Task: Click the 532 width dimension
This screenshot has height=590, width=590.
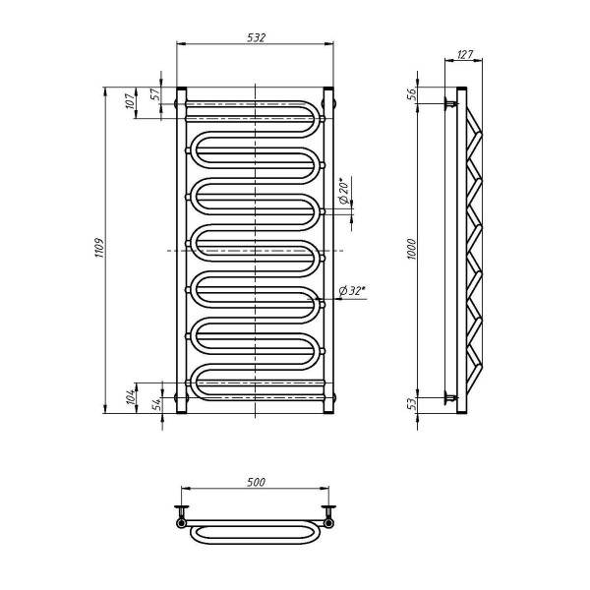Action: coord(257,37)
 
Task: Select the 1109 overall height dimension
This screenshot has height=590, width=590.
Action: coord(99,248)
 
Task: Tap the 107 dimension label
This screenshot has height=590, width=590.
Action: coord(130,101)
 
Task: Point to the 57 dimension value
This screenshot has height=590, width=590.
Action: coord(155,93)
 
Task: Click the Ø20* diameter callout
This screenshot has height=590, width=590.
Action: coord(344,191)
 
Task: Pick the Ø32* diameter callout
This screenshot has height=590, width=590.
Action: coord(352,290)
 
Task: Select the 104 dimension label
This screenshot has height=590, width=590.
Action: coord(130,397)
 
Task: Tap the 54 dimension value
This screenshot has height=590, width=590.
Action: coord(156,403)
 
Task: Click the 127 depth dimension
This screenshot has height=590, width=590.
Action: coord(465,54)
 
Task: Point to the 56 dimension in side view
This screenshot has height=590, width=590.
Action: coord(412,93)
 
